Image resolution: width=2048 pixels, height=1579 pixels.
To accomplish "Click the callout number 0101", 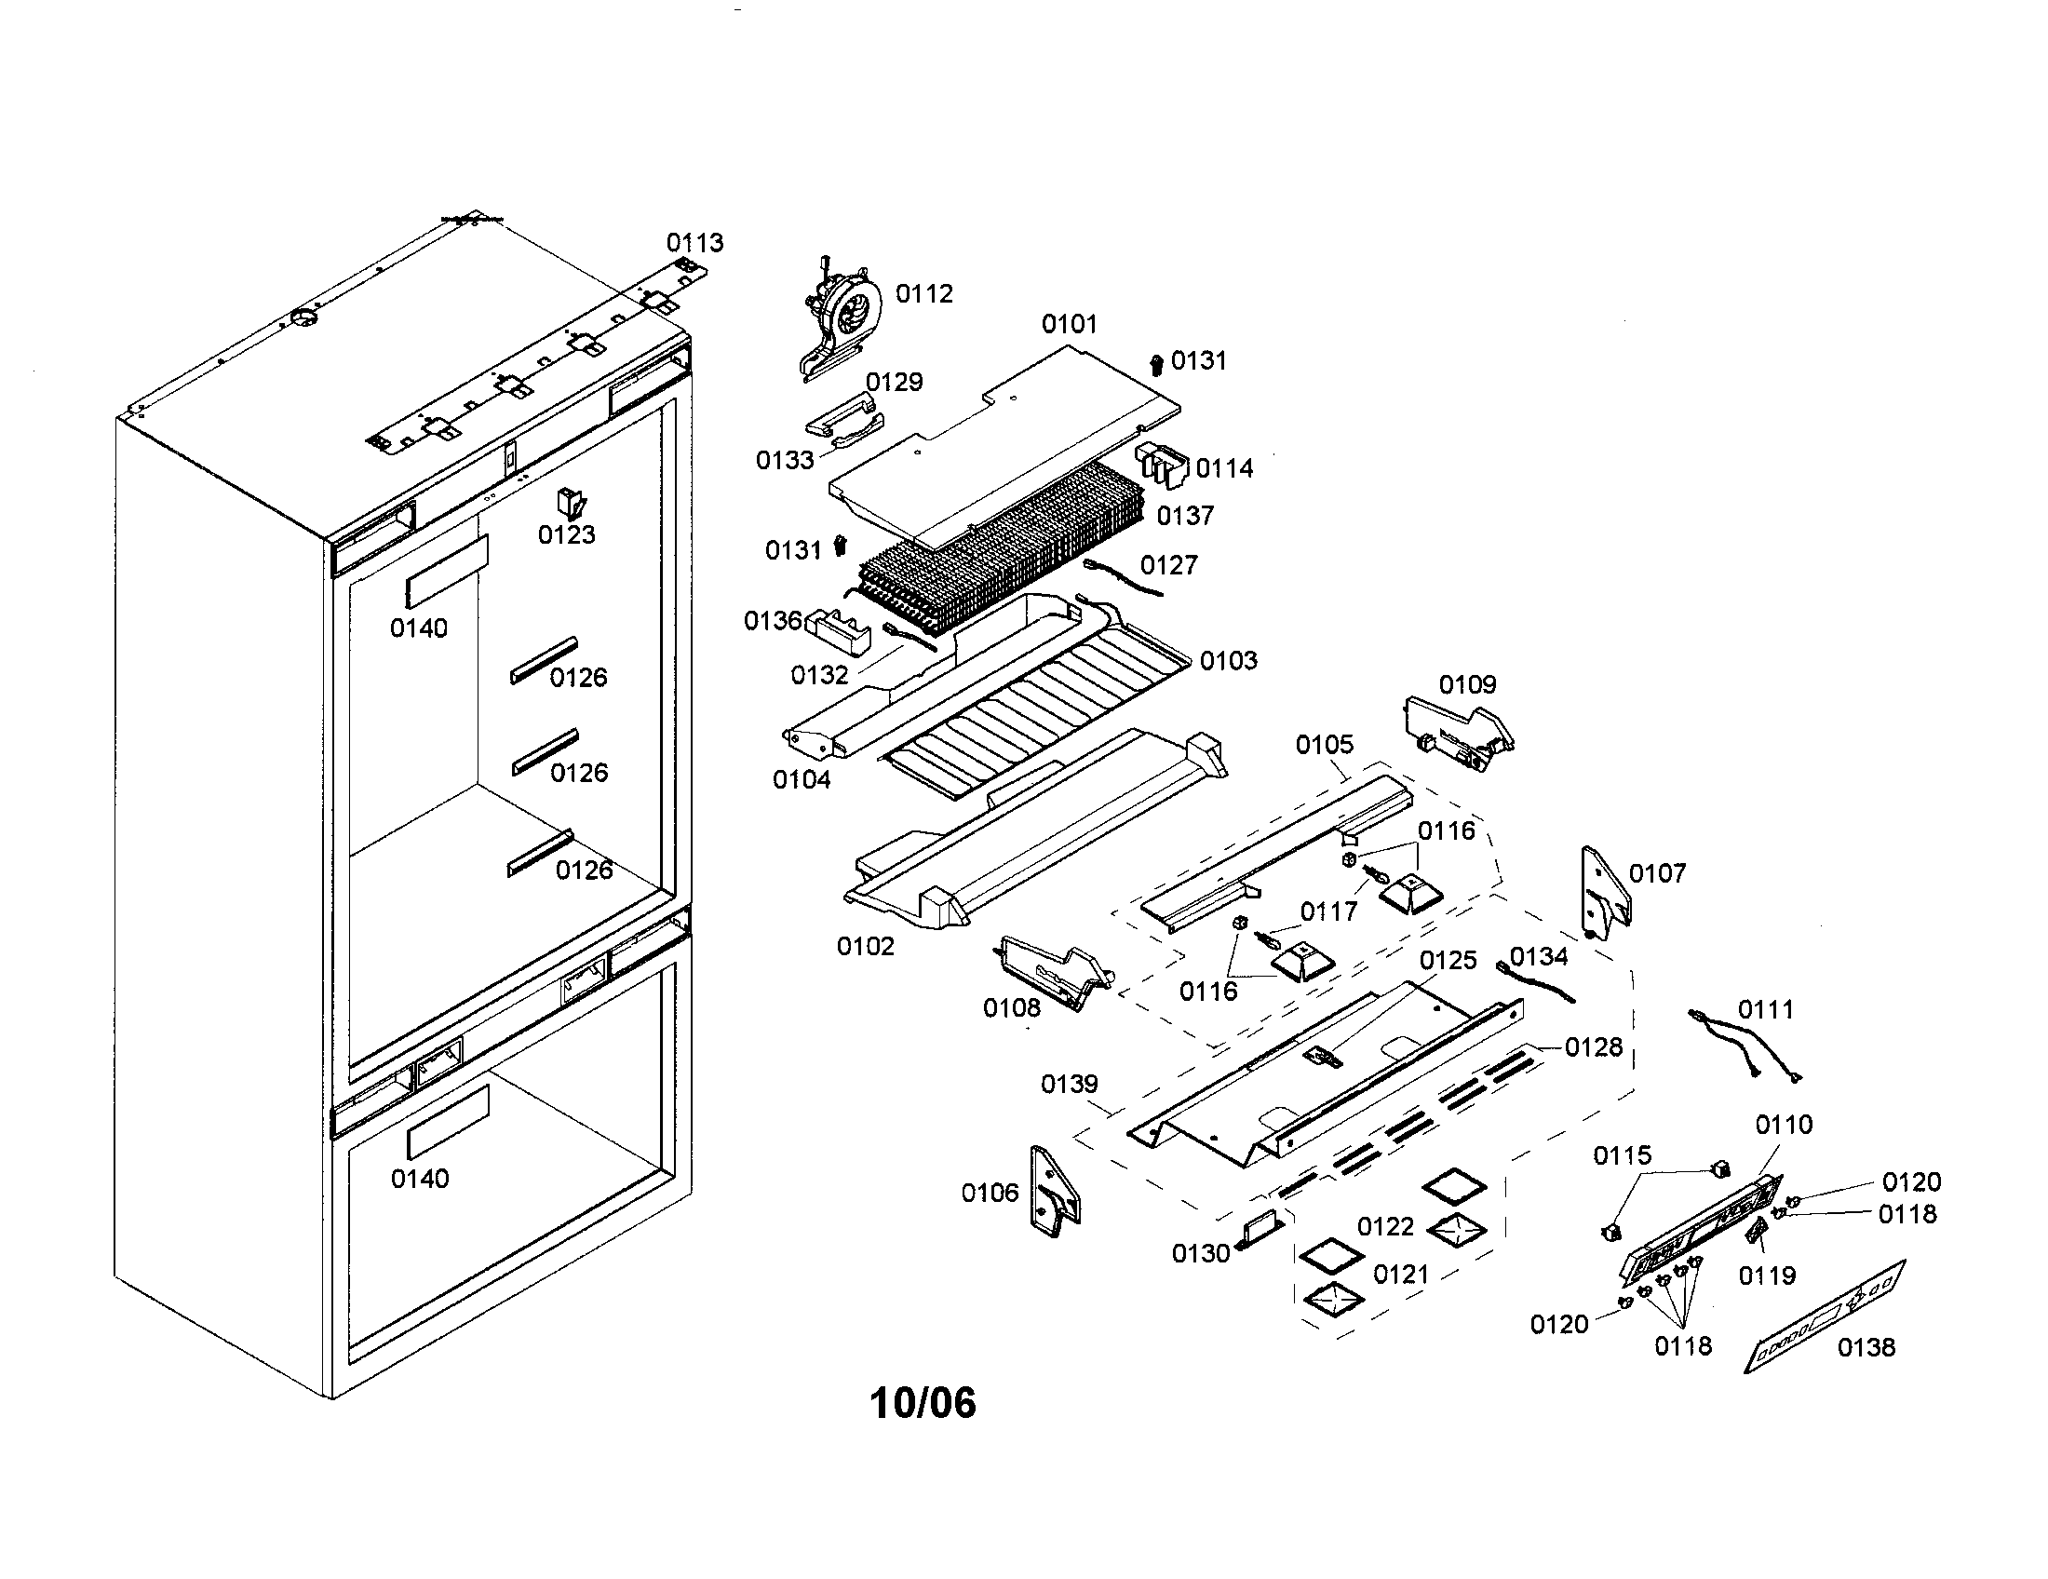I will [1069, 324].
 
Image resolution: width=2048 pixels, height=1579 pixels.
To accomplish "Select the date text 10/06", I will [923, 1404].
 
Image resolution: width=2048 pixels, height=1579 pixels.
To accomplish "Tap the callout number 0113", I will [694, 243].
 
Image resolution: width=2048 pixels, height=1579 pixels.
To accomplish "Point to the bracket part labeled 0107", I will [1606, 894].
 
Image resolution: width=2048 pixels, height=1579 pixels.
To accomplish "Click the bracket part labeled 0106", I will [1054, 1193].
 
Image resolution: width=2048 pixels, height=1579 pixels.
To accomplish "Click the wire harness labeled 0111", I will [1745, 1047].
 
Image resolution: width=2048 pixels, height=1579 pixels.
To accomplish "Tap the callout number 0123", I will [566, 534].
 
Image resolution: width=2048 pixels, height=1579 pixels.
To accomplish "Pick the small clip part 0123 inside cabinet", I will [570, 503].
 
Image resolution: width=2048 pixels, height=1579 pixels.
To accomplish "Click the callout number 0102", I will [866, 946].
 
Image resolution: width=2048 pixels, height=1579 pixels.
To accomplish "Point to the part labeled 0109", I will [1458, 735].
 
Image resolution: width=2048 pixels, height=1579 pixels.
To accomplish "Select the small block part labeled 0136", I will [839, 632].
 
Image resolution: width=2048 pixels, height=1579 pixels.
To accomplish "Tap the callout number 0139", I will [1069, 1084].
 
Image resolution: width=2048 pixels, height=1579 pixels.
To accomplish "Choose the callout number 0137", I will [1185, 516].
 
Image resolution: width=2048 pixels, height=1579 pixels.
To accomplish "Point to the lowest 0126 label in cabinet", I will [584, 870].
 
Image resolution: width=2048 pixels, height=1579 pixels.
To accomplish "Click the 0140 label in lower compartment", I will [419, 1179].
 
